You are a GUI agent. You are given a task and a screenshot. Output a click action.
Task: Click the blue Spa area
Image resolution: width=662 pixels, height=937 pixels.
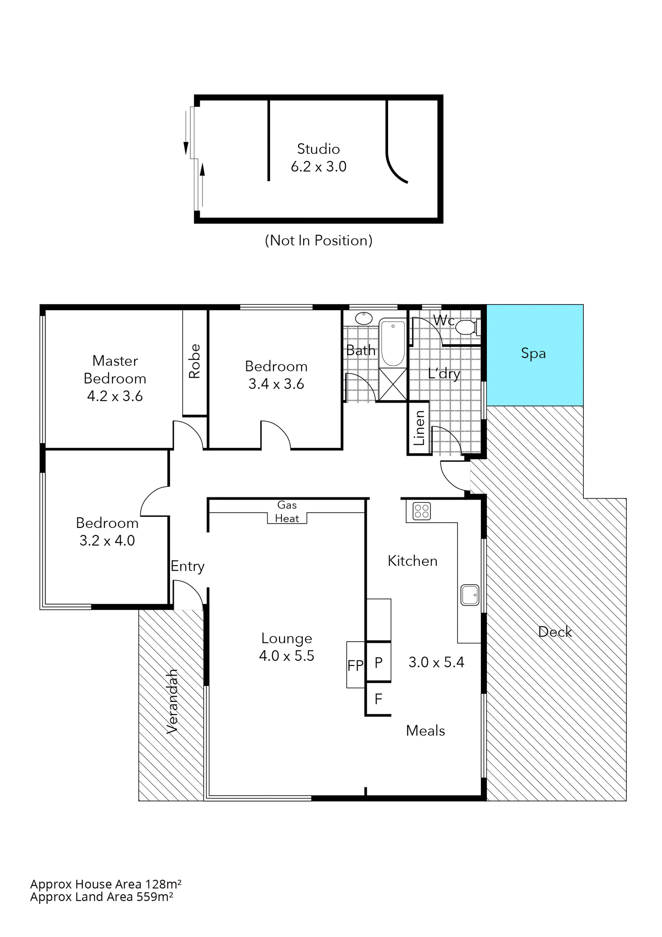pos(534,355)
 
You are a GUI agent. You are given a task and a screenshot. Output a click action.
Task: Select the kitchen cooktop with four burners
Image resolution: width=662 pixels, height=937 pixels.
pos(421,511)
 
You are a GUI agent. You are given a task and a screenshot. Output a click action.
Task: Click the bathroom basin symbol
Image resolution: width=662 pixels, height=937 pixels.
pos(363,318)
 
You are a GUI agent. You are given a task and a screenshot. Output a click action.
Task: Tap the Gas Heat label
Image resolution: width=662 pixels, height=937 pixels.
pos(287,512)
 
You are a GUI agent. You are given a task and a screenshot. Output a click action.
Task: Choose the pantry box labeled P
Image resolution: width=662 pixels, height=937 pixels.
pos(379,662)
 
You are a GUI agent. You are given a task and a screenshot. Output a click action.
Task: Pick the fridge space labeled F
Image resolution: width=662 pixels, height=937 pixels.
pos(379,699)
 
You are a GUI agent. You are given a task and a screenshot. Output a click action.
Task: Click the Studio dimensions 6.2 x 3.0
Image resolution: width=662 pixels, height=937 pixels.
pos(319,167)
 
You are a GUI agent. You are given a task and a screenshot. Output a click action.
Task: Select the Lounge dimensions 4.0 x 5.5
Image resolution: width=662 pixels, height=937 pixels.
pos(287,656)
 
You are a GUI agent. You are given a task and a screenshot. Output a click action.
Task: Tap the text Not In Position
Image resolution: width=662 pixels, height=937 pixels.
pos(319,240)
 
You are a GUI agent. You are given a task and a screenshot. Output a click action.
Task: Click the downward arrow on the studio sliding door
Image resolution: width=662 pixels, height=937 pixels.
pos(186,148)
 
